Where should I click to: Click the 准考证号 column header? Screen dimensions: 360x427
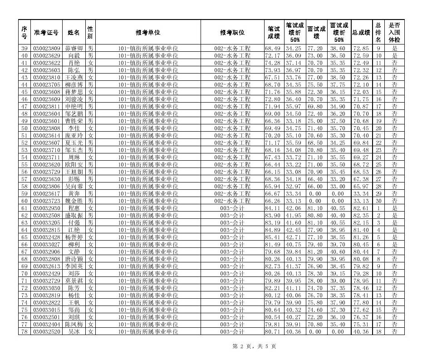tap(46, 33)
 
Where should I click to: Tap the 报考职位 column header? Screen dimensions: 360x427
tap(232, 33)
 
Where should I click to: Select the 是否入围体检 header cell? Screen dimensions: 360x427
tap(394, 33)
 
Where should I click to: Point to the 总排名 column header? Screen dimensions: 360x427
tap(378, 33)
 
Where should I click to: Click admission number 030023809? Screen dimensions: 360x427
tap(46, 49)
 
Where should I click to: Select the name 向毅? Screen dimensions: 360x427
tap(74, 56)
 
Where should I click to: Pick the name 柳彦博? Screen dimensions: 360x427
tap(74, 85)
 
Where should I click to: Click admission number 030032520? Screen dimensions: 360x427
tap(46, 332)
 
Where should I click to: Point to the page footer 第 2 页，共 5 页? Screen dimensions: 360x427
tap(254, 346)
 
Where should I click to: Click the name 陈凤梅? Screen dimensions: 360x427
tap(74, 325)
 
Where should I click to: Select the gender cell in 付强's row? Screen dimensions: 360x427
tap(90, 223)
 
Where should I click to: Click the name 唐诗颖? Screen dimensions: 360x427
tap(74, 259)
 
